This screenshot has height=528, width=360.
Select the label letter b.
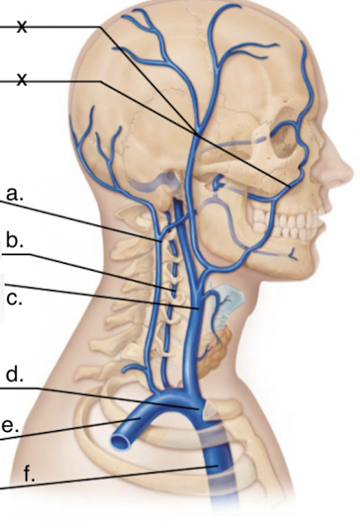[14, 241]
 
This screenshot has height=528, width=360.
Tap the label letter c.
[14, 299]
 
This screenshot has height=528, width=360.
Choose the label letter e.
[10, 426]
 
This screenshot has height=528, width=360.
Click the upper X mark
[22, 26]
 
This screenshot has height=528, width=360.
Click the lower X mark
[22, 80]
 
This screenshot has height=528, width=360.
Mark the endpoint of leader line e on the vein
[140, 418]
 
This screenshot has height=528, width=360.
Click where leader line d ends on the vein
[197, 409]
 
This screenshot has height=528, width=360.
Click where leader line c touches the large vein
[198, 308]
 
